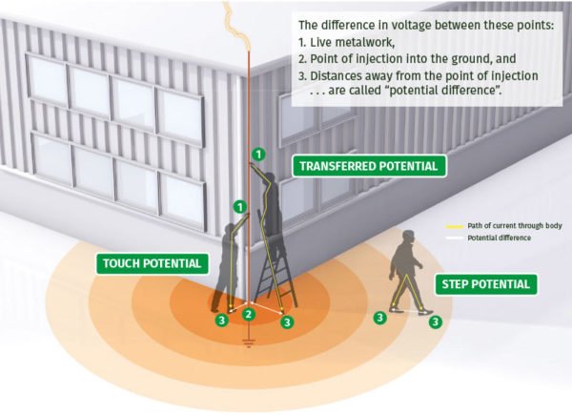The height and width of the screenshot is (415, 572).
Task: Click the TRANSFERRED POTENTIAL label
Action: pyautogui.click(x=368, y=166)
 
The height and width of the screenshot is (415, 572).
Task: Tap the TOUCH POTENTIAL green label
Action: pyautogui.click(x=152, y=262)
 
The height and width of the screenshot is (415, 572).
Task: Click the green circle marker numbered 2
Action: pyautogui.click(x=249, y=314)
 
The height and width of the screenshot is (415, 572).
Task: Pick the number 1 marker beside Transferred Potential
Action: pyautogui.click(x=256, y=153)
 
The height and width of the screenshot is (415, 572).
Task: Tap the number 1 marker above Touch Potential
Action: pyautogui.click(x=239, y=205)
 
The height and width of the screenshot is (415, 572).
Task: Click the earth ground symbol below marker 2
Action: pyautogui.click(x=249, y=339)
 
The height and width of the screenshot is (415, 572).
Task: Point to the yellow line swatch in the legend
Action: pyautogui.click(x=455, y=226)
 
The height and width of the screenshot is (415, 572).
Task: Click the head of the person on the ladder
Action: pyautogui.click(x=271, y=178)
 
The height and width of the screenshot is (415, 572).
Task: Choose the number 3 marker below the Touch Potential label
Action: pyautogui.click(x=221, y=321)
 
